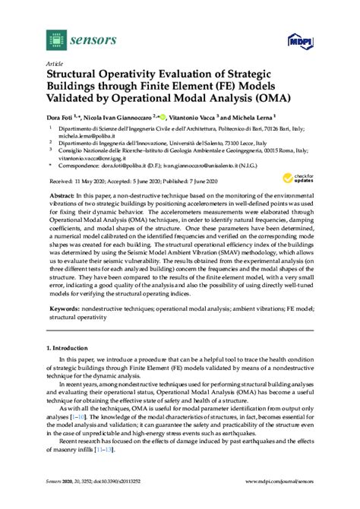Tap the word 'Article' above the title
click(54, 63)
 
